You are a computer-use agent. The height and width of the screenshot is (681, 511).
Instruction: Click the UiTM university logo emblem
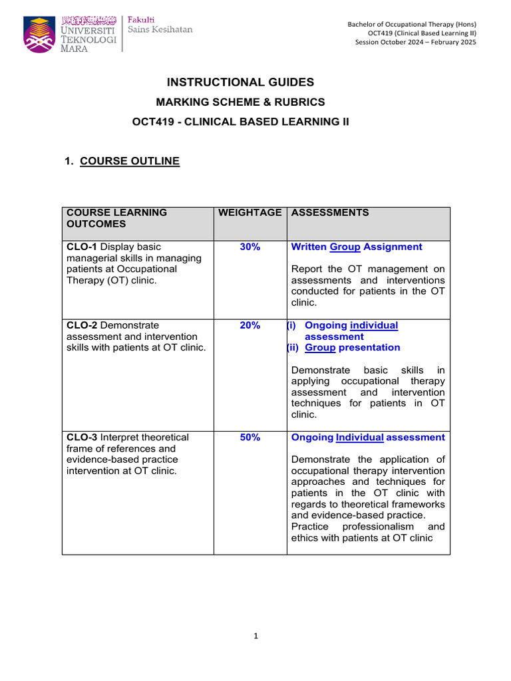(44, 34)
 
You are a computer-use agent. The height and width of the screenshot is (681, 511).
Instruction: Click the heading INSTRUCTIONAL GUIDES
(240, 82)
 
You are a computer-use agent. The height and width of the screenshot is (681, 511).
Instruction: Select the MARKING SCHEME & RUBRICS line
(240, 102)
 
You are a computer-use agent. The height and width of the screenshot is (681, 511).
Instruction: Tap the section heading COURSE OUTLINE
(129, 161)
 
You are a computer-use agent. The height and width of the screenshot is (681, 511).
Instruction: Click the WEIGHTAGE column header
(250, 212)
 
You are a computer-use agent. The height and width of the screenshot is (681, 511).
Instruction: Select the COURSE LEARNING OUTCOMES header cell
(116, 218)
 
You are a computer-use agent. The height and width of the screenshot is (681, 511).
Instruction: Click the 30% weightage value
(250, 247)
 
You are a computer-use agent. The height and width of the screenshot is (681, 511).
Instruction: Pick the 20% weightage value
(250, 325)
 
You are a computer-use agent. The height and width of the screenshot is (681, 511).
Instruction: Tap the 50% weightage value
(250, 437)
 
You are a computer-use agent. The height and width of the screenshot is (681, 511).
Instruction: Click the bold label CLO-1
(83, 247)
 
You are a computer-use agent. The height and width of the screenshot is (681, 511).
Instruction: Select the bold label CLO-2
(83, 325)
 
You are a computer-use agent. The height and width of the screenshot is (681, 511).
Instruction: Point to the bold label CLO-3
(83, 437)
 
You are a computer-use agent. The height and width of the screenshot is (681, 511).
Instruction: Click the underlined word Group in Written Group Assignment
(345, 247)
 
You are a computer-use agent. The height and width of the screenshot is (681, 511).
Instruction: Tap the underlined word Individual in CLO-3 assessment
(359, 437)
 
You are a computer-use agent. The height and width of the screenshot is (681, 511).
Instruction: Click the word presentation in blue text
(369, 347)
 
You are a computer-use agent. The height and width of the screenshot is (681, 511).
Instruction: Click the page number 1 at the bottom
(255, 636)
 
